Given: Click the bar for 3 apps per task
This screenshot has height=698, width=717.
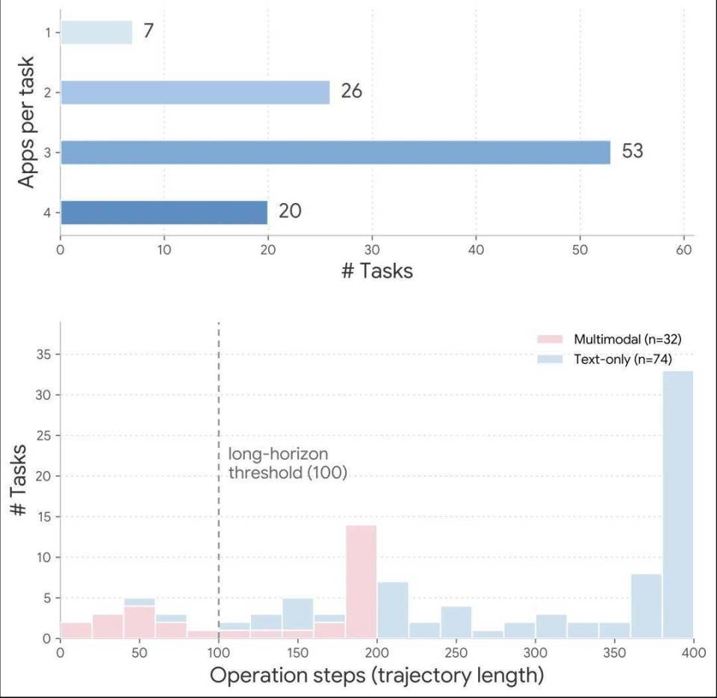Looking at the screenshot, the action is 335,152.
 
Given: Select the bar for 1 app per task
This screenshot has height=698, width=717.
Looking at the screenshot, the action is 96,32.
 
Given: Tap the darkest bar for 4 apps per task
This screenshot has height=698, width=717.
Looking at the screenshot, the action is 164,213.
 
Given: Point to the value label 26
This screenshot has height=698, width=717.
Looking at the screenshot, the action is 351,91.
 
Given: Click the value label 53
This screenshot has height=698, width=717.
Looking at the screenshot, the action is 633,151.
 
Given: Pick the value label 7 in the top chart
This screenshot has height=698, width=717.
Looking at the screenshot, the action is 148,31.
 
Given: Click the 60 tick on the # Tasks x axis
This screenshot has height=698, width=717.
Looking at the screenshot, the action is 684,250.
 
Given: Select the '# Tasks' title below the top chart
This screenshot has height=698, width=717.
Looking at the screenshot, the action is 377,270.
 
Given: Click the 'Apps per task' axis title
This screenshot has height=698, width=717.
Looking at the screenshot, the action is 26,122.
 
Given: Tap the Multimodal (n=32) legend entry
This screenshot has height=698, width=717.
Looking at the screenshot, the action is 609,339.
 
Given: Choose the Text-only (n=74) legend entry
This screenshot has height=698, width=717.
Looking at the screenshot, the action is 604,359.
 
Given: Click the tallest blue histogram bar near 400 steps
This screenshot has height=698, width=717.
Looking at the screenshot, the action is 678,505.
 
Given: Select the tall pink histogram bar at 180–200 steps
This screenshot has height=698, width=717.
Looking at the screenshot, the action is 361,582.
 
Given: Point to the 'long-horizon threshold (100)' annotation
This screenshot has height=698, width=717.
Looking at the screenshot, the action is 288,463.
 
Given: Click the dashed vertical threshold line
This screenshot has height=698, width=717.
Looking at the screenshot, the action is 219,480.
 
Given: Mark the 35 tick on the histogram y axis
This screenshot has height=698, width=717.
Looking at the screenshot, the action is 43,355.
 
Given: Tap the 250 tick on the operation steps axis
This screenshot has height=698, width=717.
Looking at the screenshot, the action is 456,652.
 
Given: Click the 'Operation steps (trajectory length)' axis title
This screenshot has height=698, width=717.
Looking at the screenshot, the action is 376,676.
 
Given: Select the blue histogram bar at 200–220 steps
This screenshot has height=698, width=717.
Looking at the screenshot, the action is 393,610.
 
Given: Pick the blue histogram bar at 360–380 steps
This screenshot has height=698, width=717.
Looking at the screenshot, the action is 647,606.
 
